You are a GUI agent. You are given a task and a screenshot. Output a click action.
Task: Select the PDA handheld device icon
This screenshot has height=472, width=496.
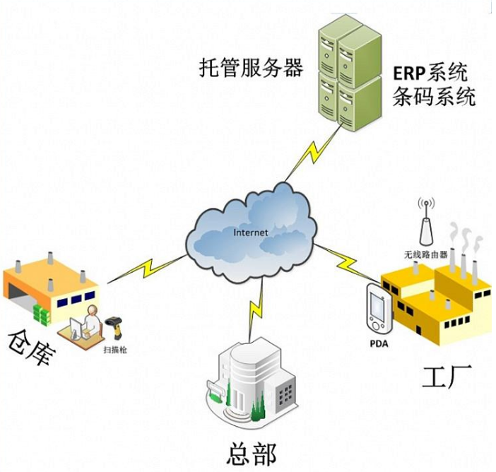378,307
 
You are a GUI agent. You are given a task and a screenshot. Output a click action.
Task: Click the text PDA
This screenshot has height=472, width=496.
379,344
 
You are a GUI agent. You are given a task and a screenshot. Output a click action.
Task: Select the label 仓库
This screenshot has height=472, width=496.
30,348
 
